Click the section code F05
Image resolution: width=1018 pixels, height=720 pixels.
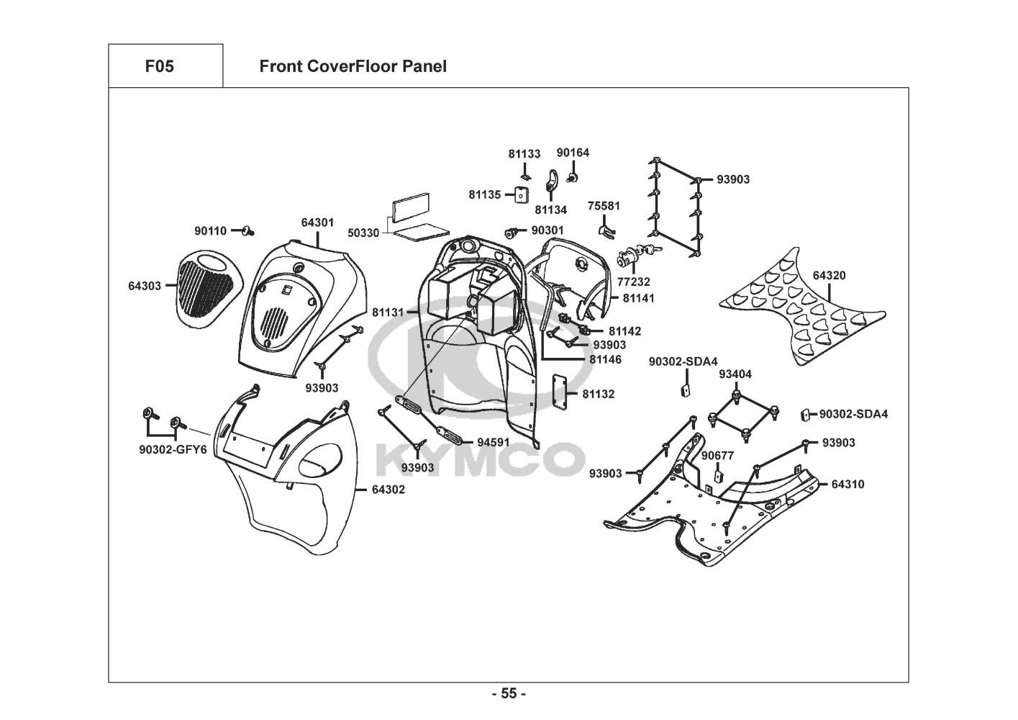pos(159,66)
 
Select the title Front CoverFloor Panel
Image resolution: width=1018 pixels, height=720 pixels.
pos(353,66)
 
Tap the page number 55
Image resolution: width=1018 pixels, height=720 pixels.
pos(509,694)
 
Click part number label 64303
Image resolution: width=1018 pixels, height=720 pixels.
pos(145,286)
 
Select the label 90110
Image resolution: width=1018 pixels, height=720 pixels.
pos(210,231)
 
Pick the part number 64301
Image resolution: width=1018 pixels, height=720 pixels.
pos(317,222)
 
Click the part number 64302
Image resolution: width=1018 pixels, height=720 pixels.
pos(388,490)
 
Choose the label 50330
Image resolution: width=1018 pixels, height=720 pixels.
pos(364,233)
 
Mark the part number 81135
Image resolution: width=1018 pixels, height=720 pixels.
pos(485,194)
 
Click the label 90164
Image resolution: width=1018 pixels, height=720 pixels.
pos(573,153)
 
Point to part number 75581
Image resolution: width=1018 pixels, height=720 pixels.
pos(604,206)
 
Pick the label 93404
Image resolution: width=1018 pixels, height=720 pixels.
pos(735,374)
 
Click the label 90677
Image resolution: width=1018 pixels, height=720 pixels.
pos(718,455)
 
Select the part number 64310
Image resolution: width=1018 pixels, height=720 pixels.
pos(847,485)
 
